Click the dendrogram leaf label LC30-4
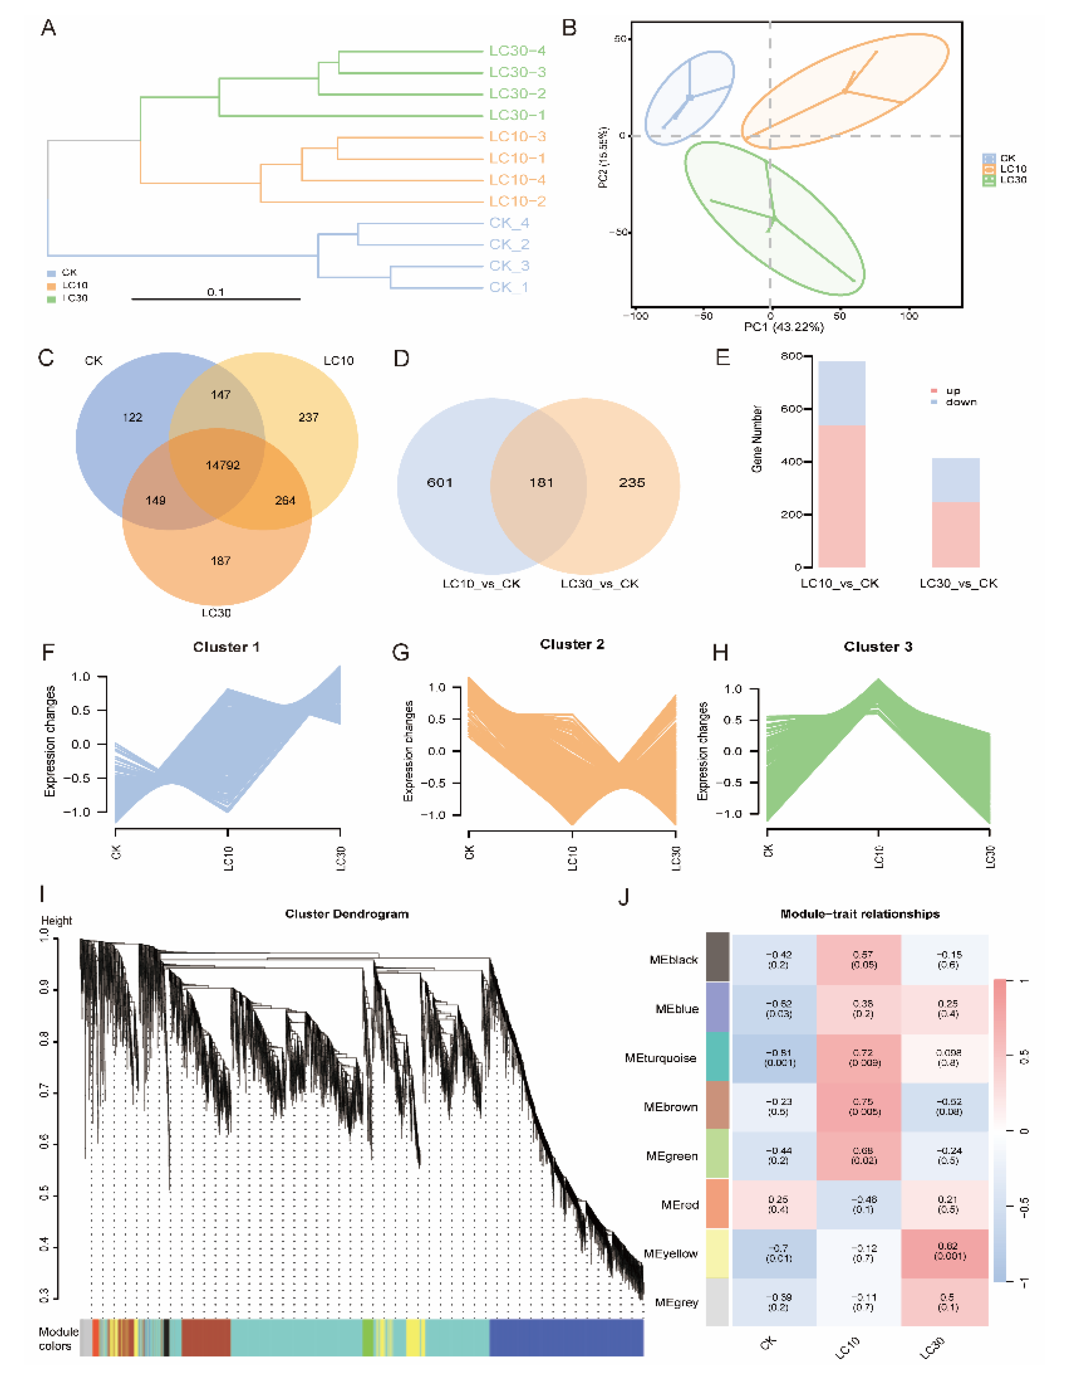click(x=517, y=51)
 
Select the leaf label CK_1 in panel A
click(x=508, y=287)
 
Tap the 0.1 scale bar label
click(x=216, y=292)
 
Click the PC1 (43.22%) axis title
click(x=783, y=327)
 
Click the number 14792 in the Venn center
click(x=223, y=465)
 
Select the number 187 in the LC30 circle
click(x=220, y=560)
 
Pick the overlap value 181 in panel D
click(x=541, y=483)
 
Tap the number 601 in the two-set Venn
click(x=440, y=483)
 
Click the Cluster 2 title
click(x=572, y=644)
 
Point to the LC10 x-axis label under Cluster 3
click(x=879, y=857)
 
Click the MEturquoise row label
click(x=660, y=1058)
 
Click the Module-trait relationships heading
click(x=860, y=914)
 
